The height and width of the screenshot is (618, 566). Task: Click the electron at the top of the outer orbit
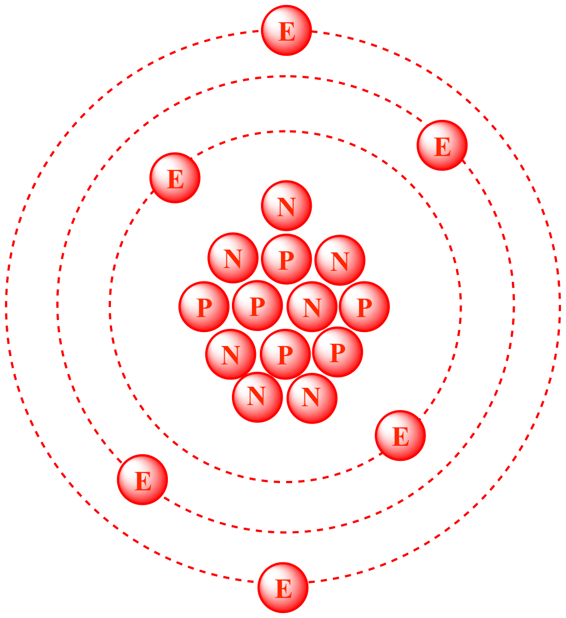(x=287, y=30)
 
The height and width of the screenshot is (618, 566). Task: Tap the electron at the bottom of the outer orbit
(x=283, y=588)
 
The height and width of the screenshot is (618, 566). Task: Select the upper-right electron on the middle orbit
(x=442, y=145)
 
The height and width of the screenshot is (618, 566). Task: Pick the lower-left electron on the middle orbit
(x=142, y=480)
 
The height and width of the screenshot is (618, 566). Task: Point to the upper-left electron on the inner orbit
(x=175, y=178)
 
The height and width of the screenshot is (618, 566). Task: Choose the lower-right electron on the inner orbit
(x=400, y=436)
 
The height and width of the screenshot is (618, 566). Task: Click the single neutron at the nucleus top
(x=287, y=206)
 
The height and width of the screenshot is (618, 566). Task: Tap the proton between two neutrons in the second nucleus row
(x=287, y=259)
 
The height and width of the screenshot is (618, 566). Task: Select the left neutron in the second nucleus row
(x=233, y=258)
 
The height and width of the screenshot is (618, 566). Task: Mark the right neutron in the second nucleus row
(x=340, y=260)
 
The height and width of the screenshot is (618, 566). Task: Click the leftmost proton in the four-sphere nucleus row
(x=204, y=306)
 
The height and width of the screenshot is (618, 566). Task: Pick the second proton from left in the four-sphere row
(x=258, y=305)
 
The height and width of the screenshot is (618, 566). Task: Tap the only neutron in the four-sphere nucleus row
(x=312, y=306)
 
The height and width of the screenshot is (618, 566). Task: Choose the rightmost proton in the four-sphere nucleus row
(x=365, y=306)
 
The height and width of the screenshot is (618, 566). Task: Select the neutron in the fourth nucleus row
(x=231, y=354)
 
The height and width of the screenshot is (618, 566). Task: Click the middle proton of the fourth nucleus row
(x=285, y=354)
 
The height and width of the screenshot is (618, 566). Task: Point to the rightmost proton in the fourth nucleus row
(x=337, y=352)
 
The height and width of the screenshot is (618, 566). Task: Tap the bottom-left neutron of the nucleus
(x=258, y=397)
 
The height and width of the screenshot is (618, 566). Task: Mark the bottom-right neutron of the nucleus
(x=312, y=398)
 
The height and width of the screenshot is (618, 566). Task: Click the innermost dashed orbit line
(x=461, y=306)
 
